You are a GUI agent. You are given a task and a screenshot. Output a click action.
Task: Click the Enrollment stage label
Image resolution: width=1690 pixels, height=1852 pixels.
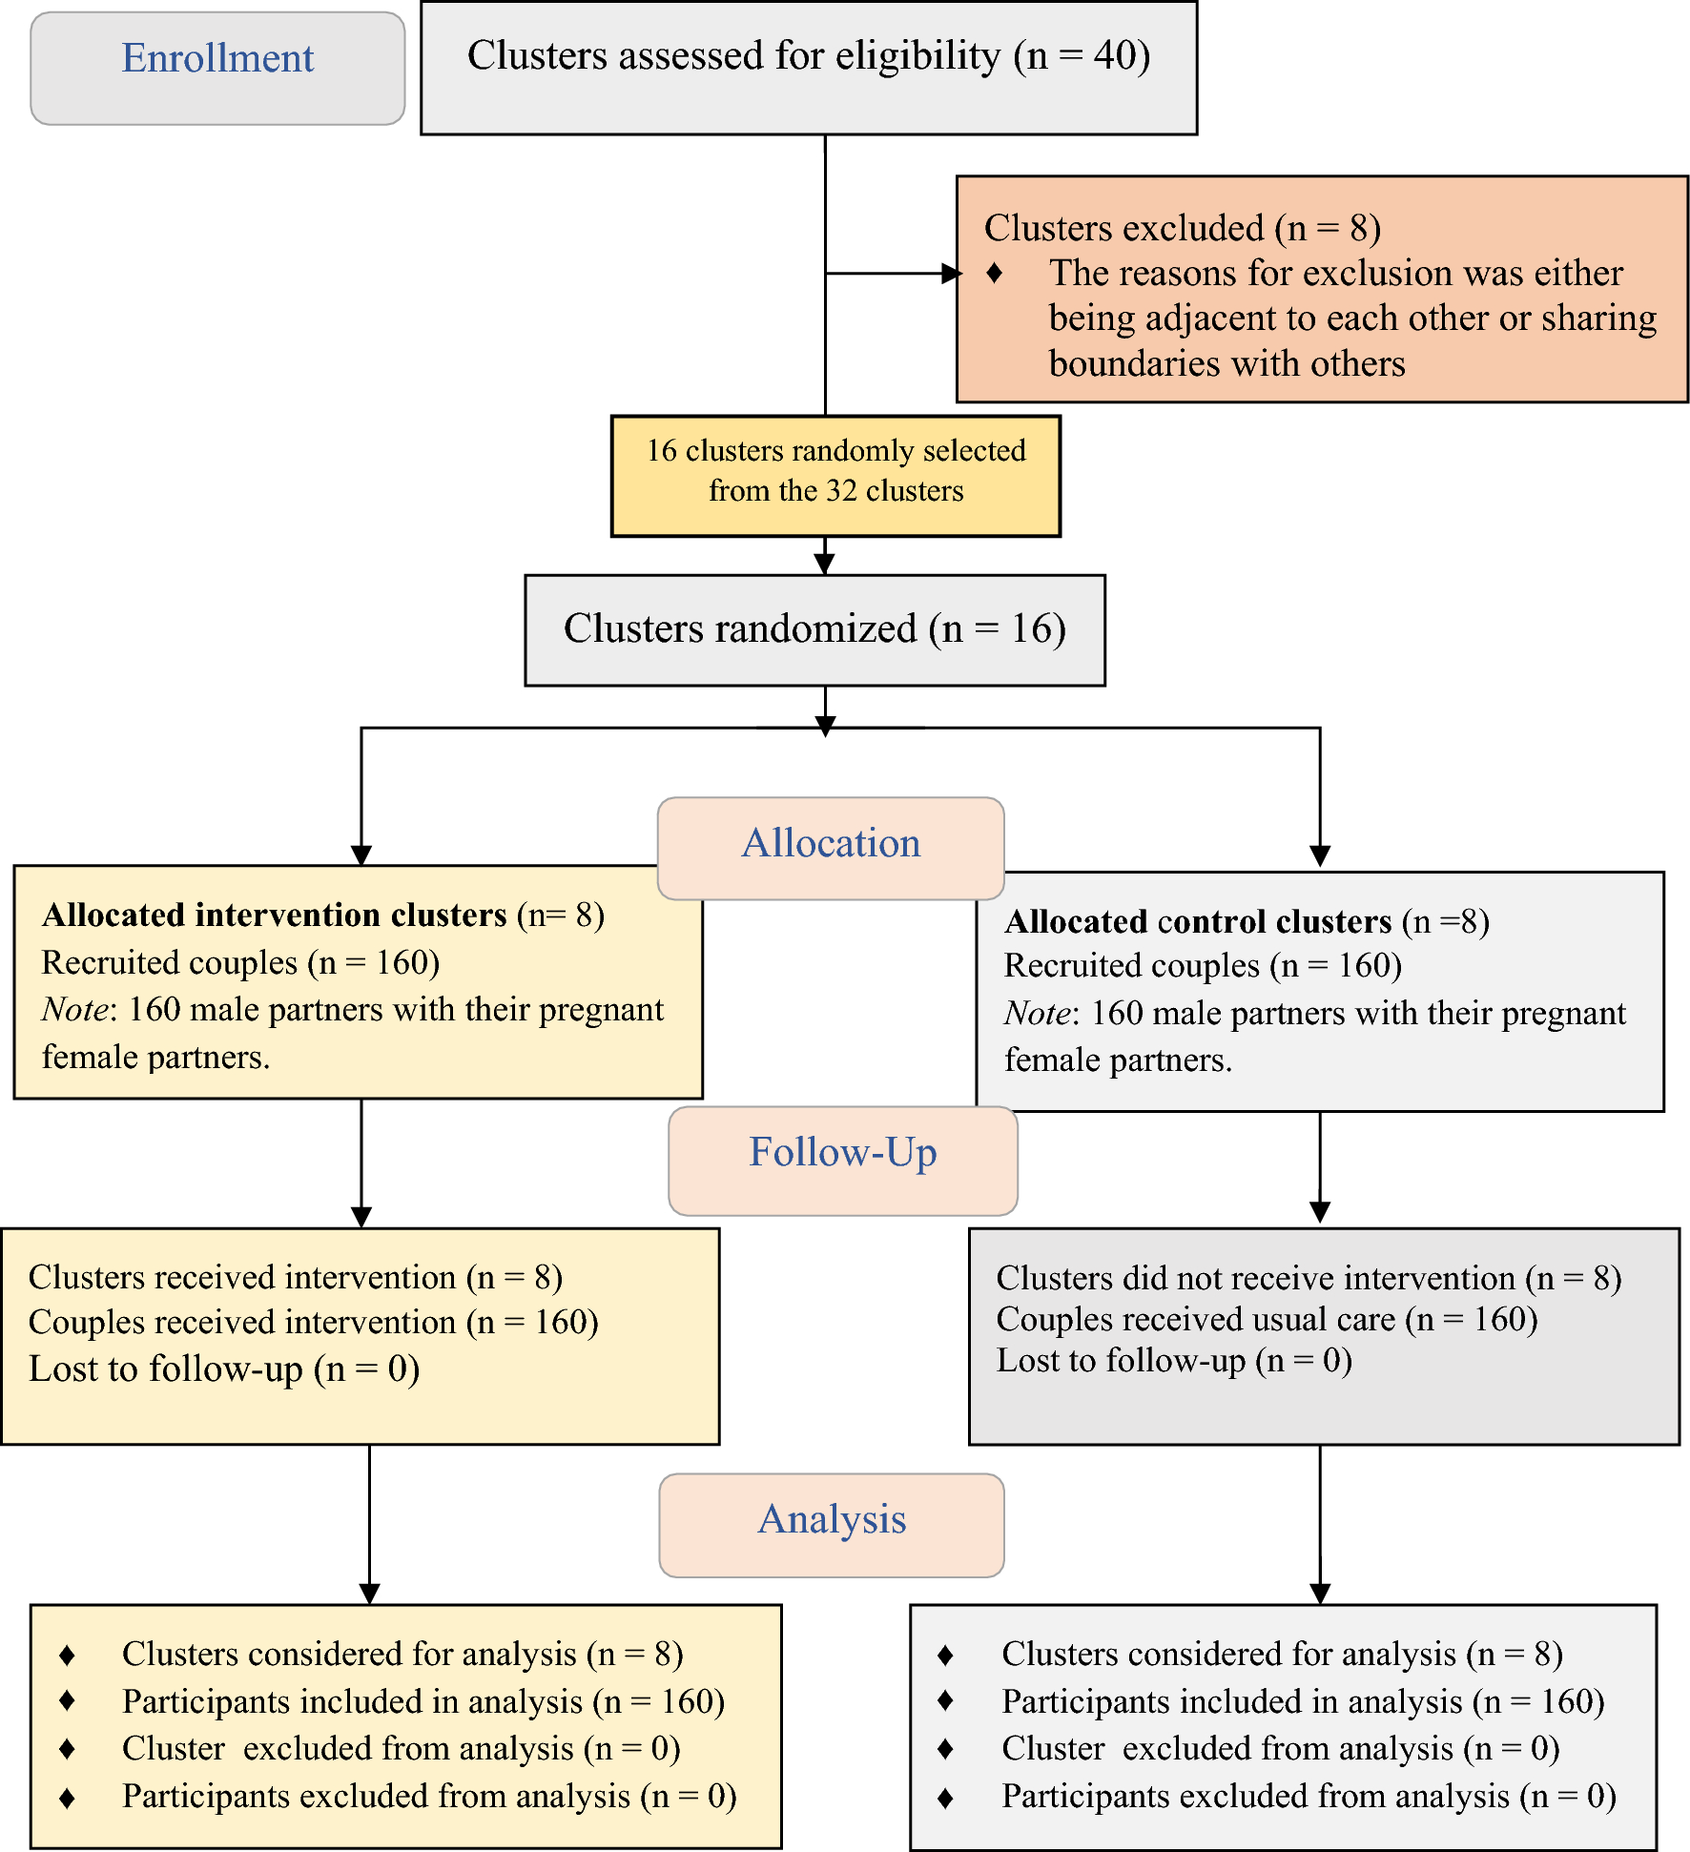tap(217, 59)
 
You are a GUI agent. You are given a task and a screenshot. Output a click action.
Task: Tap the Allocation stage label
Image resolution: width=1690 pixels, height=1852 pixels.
tap(831, 844)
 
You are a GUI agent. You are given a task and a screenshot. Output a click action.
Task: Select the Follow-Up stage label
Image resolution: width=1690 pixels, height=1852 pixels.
tap(842, 1153)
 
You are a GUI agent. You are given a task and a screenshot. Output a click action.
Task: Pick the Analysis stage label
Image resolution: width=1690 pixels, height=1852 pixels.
tap(831, 1520)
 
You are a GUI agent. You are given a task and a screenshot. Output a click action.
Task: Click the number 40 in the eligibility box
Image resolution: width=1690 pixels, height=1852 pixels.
tap(1114, 55)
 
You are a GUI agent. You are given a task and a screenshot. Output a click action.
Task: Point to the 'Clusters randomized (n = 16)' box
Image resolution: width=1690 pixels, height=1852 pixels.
tap(814, 629)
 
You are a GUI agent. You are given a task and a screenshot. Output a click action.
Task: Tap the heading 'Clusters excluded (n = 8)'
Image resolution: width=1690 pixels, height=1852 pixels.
tap(1182, 228)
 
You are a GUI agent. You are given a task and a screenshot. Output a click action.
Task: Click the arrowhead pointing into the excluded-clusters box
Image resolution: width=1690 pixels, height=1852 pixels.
tap(951, 274)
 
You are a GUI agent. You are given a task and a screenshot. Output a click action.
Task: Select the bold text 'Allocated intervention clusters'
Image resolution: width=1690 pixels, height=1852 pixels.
tap(275, 916)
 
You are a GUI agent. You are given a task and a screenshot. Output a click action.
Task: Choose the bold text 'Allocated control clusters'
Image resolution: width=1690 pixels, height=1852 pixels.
tap(1198, 922)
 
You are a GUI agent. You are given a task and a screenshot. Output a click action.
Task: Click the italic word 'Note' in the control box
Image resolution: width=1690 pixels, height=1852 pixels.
tap(1036, 1014)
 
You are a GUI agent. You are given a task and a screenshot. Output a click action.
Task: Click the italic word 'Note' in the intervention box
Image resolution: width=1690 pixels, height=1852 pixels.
tap(74, 1010)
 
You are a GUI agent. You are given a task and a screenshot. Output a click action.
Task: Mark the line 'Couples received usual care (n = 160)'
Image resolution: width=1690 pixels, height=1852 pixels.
tap(1267, 1320)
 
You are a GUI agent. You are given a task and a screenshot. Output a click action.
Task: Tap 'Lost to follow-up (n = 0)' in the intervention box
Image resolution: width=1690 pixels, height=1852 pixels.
tap(224, 1369)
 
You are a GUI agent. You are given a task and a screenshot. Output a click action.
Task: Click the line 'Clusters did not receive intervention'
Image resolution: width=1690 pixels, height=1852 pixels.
tap(1308, 1278)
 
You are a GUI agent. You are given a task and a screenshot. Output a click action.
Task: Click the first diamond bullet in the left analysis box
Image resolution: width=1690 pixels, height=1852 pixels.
tap(67, 1656)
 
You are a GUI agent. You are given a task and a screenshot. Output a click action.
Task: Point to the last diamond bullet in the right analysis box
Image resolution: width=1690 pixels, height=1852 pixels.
tap(945, 1799)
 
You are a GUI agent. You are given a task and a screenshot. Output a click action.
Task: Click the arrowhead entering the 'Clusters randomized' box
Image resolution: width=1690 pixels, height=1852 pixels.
tap(825, 564)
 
